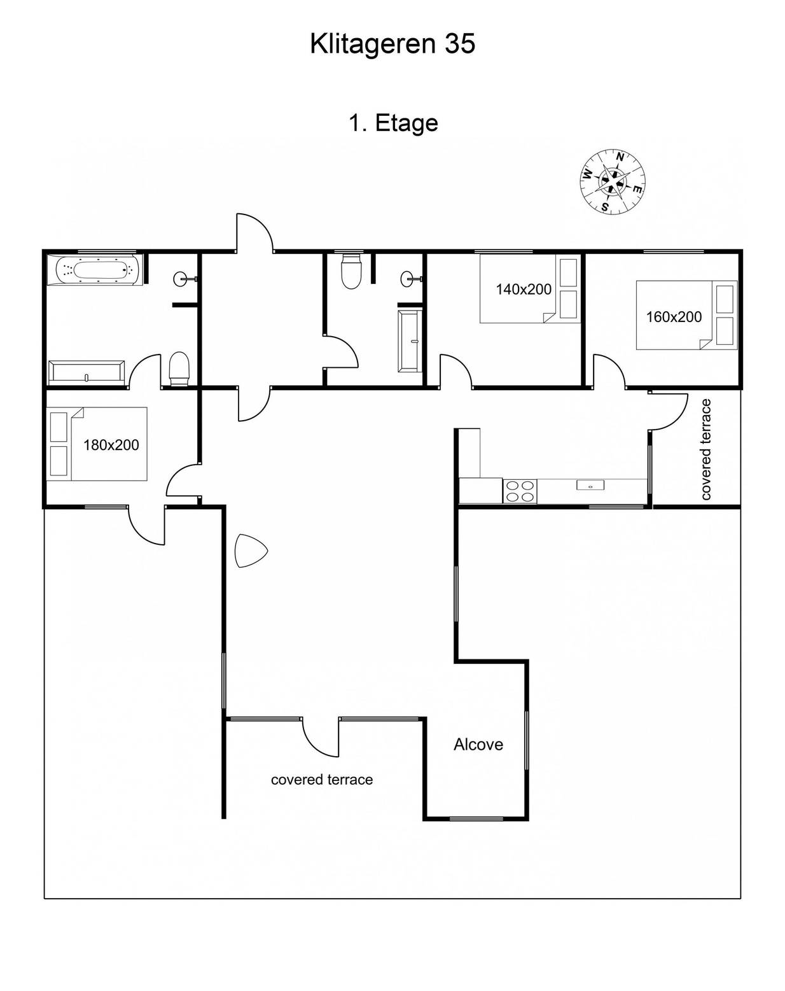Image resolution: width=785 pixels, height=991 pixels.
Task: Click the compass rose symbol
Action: coord(612,182)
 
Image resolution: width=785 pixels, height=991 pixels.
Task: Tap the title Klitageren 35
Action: coord(392,44)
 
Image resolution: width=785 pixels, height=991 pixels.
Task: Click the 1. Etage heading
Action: coord(393,123)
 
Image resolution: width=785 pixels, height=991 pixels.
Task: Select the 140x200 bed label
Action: coord(524,289)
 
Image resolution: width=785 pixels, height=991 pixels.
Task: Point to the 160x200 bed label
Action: coord(674,317)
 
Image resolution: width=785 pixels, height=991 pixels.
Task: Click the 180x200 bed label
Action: coord(111,445)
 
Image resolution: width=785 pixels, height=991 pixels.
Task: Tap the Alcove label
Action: coord(478,744)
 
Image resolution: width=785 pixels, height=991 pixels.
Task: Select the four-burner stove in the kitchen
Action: coord(520,491)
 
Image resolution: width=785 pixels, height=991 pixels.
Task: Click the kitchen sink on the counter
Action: coord(590,485)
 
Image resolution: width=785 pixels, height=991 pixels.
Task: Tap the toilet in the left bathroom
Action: coord(179,369)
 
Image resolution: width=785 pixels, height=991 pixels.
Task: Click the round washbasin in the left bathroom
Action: coord(181,279)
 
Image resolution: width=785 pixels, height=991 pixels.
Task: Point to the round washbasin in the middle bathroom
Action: coord(408,279)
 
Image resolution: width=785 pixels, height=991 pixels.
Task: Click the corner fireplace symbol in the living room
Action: coord(251,551)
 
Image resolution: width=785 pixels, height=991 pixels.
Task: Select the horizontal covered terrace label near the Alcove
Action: coord(322,779)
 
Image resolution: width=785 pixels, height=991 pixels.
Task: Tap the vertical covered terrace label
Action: coord(705,449)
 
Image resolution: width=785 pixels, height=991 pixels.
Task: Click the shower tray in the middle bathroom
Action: coord(409,341)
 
